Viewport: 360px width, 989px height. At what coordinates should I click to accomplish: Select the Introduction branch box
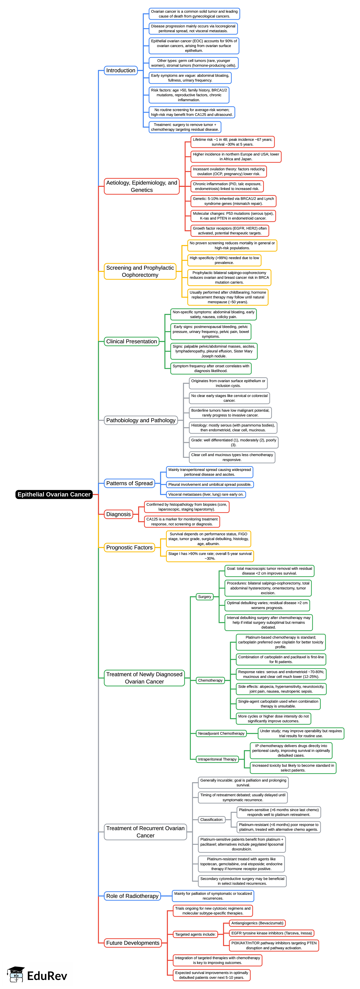pyautogui.click(x=121, y=70)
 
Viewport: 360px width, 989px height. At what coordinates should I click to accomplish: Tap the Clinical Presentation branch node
pyautogui.click(x=131, y=341)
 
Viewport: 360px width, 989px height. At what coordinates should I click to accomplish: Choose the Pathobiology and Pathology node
pyautogui.click(x=141, y=420)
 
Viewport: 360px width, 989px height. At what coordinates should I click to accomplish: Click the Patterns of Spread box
pyautogui.click(x=129, y=483)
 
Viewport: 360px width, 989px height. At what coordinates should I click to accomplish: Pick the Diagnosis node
pyautogui.click(x=119, y=514)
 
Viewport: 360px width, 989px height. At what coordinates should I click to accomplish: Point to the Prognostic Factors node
pyautogui.click(x=129, y=547)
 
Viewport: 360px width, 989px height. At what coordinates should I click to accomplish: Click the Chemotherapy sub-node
pyautogui.click(x=210, y=680)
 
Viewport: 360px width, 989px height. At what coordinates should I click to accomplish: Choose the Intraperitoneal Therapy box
pyautogui.click(x=217, y=759)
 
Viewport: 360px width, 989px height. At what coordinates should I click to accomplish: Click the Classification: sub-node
pyautogui.click(x=212, y=819)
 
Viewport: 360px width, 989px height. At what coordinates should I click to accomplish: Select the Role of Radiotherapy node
pyautogui.click(x=132, y=896)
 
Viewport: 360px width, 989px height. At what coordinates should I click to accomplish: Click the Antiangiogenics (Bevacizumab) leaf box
pyautogui.click(x=257, y=923)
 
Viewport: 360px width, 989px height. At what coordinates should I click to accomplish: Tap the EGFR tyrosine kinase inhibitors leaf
pyautogui.click(x=271, y=933)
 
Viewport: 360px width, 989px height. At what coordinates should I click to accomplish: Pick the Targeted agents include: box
pyautogui.click(x=195, y=934)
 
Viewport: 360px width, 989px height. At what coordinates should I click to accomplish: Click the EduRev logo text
pyautogui.click(x=47, y=976)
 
